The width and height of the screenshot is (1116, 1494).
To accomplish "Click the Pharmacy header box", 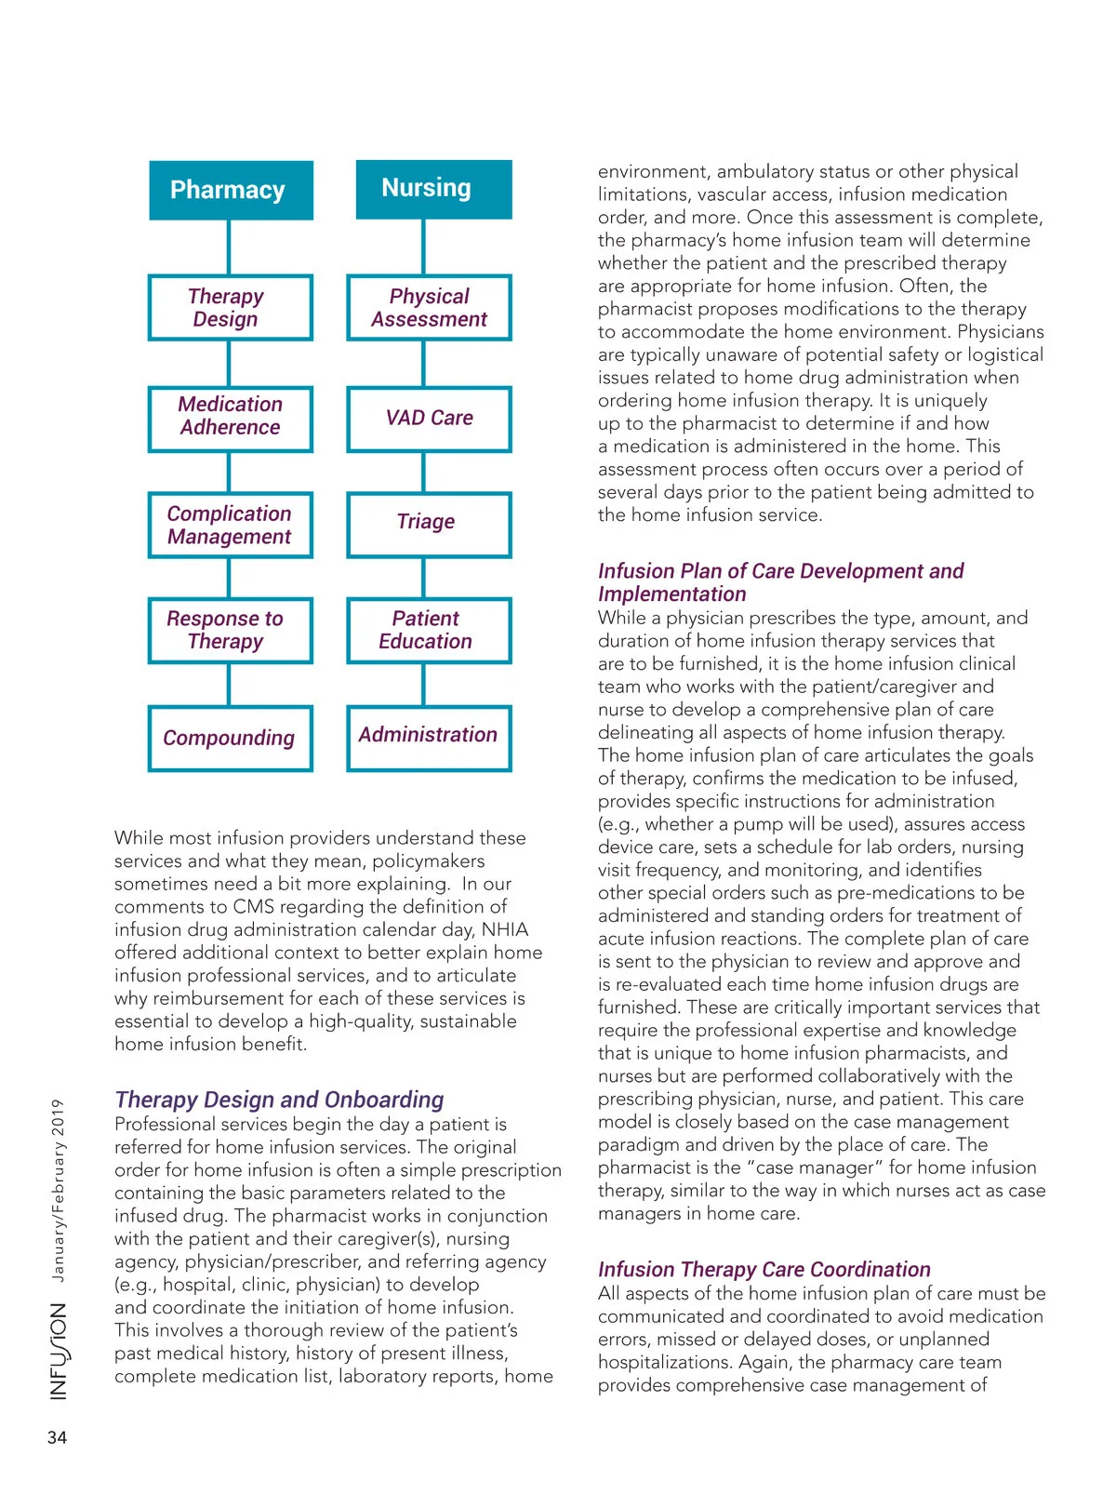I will tap(231, 190).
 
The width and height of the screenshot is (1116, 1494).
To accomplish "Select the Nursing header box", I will tap(433, 189).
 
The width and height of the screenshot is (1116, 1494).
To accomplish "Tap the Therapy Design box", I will tap(230, 307).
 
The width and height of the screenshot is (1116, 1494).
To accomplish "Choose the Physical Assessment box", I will tap(429, 307).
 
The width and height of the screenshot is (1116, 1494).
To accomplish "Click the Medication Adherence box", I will tap(230, 418).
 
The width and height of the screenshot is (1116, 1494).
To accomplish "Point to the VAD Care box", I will tap(429, 418).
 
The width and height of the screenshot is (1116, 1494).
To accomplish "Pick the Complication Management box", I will tap(230, 525).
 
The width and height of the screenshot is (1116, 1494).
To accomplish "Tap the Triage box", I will tap(429, 524).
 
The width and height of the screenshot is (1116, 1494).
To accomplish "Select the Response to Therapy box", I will tap(230, 630).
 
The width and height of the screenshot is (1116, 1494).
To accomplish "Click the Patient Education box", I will tap(429, 630).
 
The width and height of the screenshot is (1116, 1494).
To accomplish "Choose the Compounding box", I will tap(230, 738).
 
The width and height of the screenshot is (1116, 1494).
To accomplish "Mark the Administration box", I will tap(429, 737).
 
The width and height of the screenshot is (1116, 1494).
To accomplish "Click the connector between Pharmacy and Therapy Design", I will tap(229, 247).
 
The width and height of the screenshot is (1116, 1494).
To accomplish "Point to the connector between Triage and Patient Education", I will tap(424, 578).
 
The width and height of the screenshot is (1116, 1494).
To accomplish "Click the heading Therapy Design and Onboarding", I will tap(279, 1100).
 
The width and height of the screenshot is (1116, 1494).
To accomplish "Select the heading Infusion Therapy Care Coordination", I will tap(764, 1269).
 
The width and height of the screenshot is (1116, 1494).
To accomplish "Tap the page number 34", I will tap(57, 1437).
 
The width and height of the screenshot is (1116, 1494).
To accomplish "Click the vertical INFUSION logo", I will tap(59, 1350).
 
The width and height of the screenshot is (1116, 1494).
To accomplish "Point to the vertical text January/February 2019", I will tap(58, 1191).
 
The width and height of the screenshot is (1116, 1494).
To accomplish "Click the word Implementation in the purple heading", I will tap(671, 594).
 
